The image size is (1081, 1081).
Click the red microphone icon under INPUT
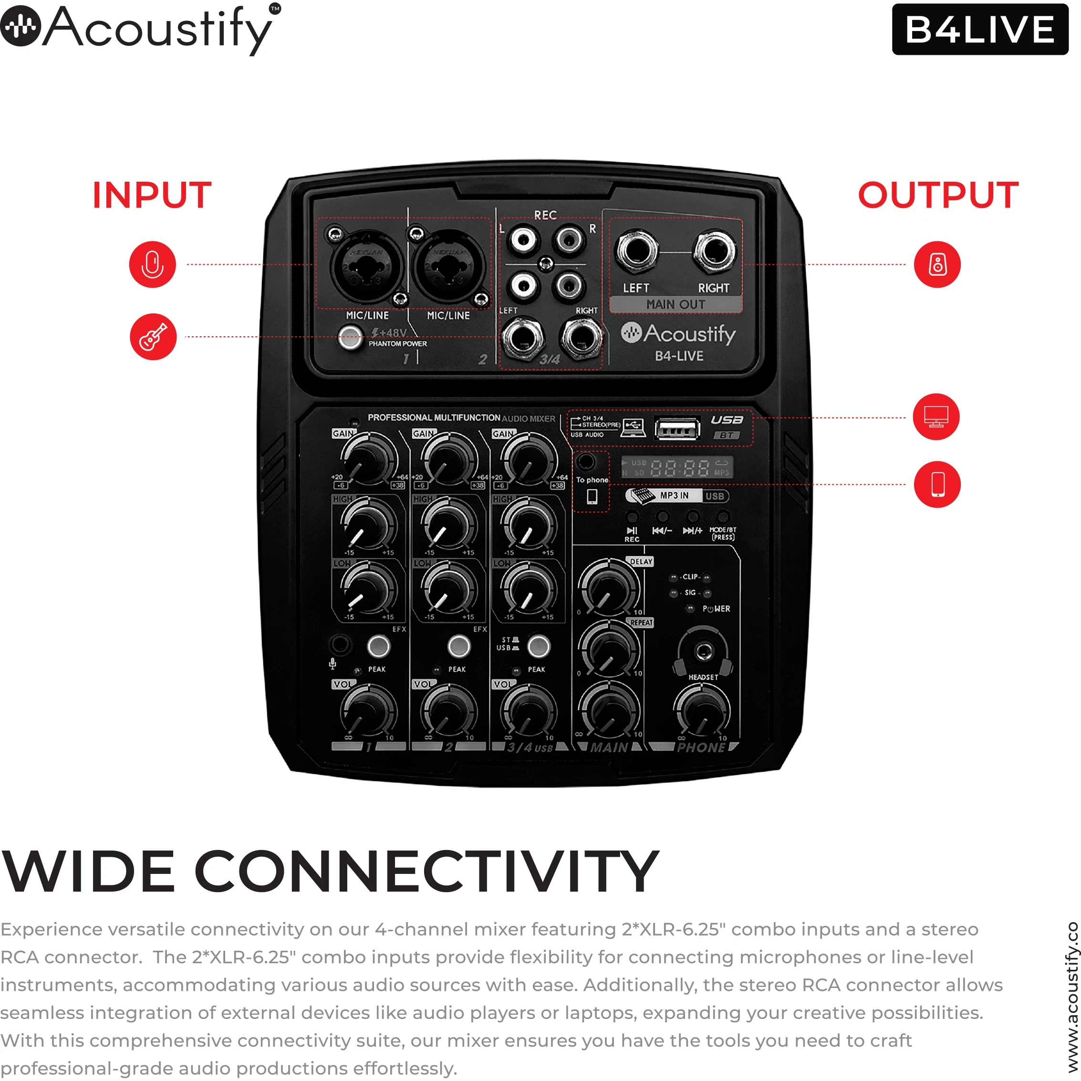(152, 265)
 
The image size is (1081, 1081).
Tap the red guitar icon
(153, 337)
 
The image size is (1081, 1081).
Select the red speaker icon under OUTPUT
(937, 265)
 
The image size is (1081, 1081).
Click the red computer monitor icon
(936, 417)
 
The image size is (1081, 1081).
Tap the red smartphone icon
(937, 485)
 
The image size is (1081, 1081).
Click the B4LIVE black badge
(980, 29)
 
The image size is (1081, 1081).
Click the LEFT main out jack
(636, 250)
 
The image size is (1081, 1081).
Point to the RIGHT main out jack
(715, 250)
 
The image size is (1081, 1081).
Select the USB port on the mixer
(677, 429)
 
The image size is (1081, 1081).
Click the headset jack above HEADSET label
(703, 651)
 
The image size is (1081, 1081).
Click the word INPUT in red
(152, 195)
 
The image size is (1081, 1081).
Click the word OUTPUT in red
(938, 195)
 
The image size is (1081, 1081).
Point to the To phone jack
(586, 462)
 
